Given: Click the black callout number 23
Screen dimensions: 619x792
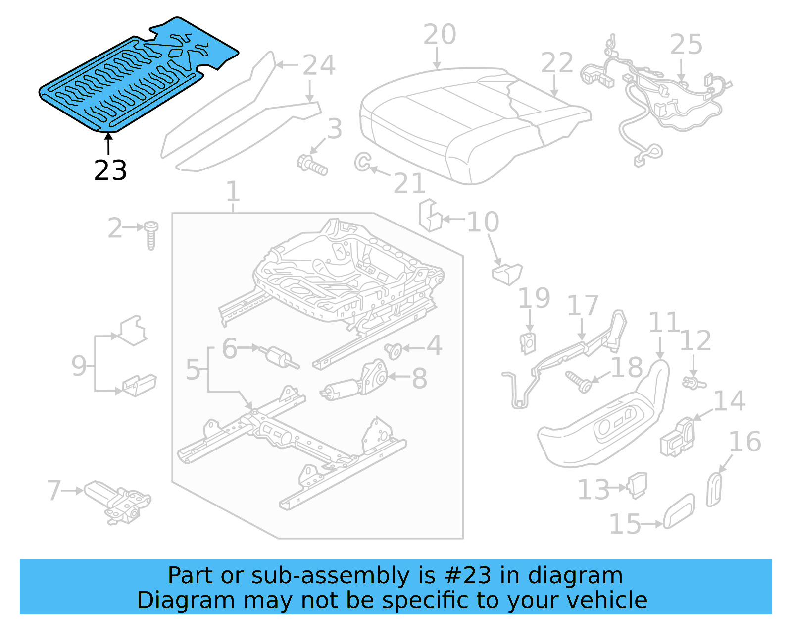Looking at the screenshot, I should (x=110, y=170).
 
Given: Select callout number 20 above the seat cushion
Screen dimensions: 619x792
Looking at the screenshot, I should (x=440, y=35).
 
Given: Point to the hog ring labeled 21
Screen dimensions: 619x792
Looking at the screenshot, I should (x=362, y=162).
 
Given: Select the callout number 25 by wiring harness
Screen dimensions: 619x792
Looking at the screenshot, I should (x=686, y=44).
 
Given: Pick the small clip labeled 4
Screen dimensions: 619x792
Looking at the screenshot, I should (x=393, y=351).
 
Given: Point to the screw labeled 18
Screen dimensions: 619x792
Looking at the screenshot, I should (x=578, y=381).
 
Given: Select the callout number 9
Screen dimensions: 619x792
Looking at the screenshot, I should (x=79, y=366).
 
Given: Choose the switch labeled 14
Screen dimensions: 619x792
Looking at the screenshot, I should (x=677, y=437).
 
